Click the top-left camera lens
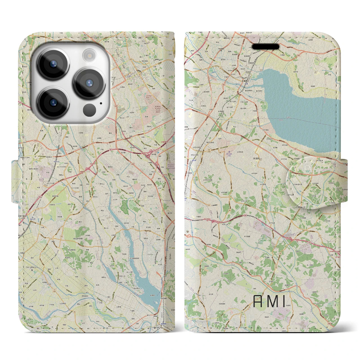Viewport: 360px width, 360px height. pos(53,64)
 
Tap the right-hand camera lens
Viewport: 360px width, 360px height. pos(89,83)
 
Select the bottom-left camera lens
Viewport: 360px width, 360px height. pos(53,102)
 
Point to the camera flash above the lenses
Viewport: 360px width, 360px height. pos(89,55)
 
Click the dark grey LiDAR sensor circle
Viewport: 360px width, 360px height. pos(89,109)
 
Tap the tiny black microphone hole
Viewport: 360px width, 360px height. pos(101,103)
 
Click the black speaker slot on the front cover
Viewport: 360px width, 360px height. pos(265,46)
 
